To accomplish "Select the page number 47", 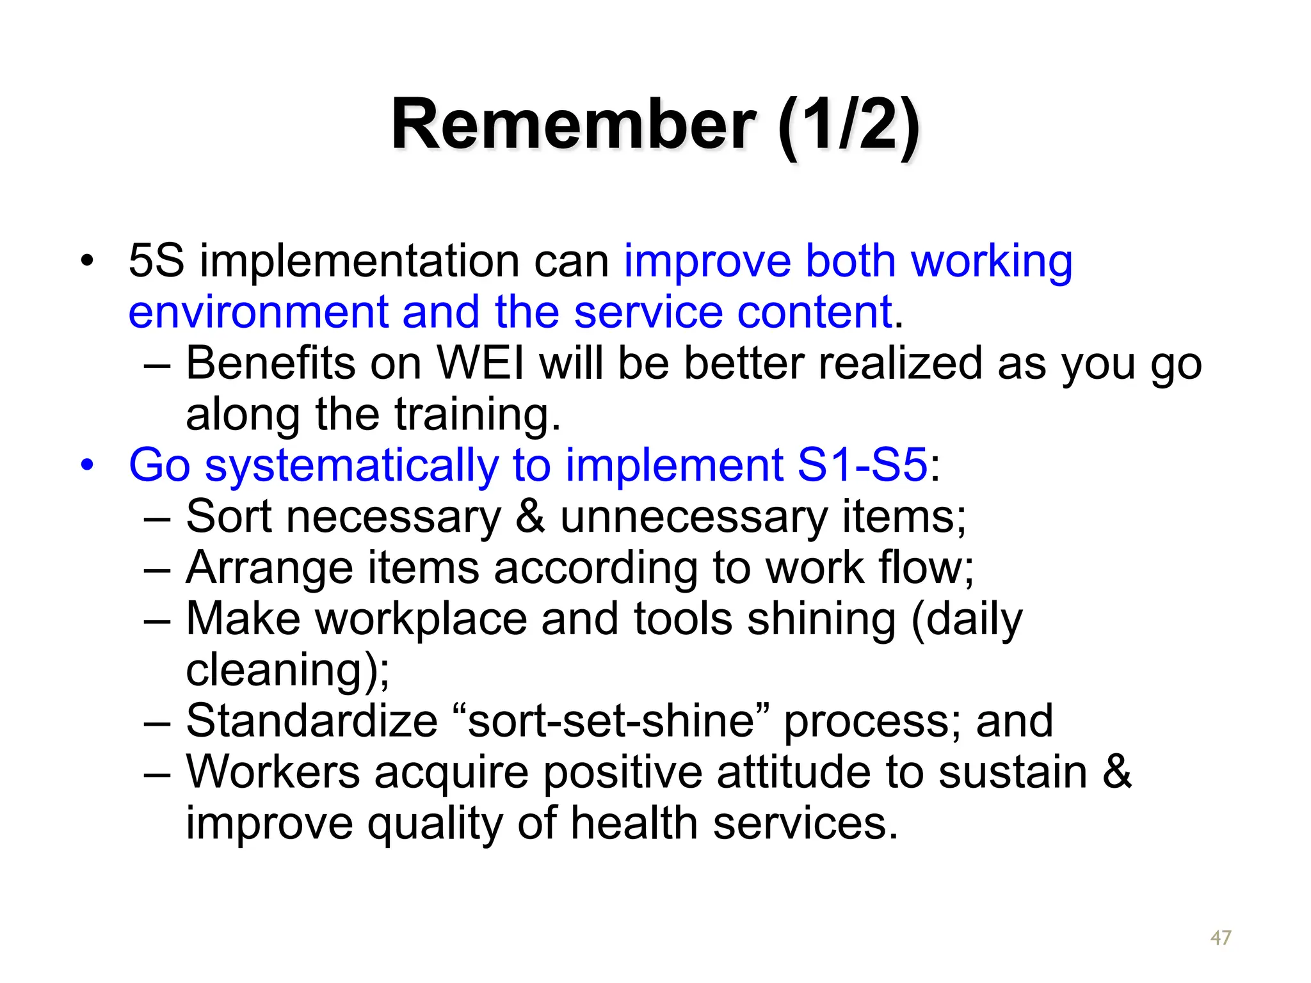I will (x=1221, y=938).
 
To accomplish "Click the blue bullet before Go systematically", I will (x=87, y=465).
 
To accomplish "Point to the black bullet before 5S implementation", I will (x=87, y=261).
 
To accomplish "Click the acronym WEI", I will (x=480, y=364).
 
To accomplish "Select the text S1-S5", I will (x=862, y=465).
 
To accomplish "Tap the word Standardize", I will (x=312, y=721).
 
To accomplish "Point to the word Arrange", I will (x=269, y=568).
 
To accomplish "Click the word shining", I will (x=821, y=619).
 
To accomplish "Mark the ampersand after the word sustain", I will (x=1117, y=772).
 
